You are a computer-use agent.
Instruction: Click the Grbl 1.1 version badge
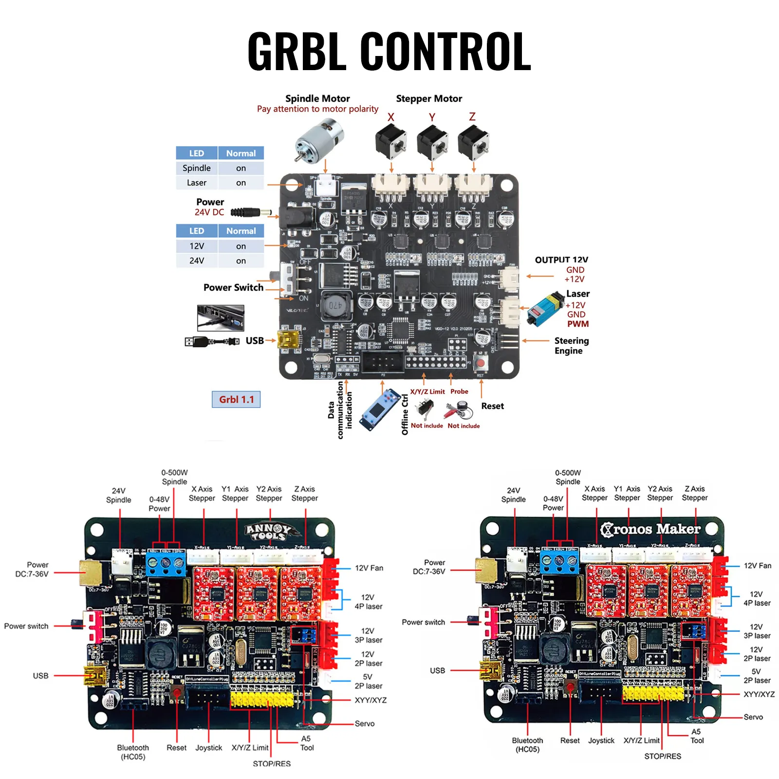[x=236, y=399]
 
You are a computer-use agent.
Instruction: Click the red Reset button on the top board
[x=481, y=363]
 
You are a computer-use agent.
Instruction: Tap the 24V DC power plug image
[x=250, y=212]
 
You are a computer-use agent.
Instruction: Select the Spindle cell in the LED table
[x=197, y=168]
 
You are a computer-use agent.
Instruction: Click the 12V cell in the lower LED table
[x=197, y=246]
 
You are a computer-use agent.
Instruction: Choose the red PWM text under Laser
[x=577, y=324]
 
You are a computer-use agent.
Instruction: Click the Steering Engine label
[x=571, y=346]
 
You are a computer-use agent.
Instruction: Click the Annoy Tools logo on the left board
[x=268, y=532]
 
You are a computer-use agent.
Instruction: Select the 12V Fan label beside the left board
[x=369, y=568]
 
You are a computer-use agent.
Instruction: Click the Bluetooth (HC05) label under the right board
[x=527, y=744]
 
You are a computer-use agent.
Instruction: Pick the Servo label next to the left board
[x=365, y=723]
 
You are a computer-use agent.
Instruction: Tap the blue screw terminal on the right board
[x=559, y=563]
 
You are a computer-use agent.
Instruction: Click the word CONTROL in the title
[x=445, y=51]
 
